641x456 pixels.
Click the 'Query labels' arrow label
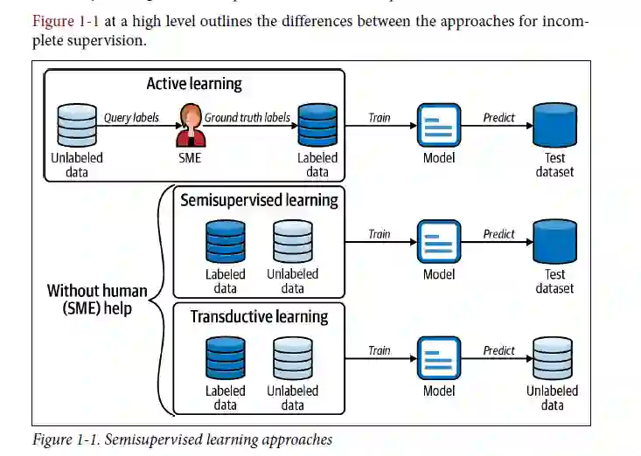click(x=131, y=116)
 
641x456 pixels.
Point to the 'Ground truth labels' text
click(x=247, y=117)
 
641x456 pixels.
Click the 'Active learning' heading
click(x=194, y=85)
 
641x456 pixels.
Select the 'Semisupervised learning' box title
click(x=259, y=200)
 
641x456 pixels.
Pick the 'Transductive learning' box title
click(x=259, y=316)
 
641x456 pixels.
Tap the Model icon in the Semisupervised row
click(x=439, y=242)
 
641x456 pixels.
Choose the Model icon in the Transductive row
click(x=439, y=359)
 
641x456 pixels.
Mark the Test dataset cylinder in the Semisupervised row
click(x=554, y=242)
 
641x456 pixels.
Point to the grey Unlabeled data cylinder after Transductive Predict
click(x=552, y=359)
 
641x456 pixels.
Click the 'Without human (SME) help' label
click(x=97, y=300)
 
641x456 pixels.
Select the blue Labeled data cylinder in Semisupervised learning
click(x=226, y=242)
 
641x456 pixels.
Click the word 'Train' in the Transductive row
click(x=380, y=350)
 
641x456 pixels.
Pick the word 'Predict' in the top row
click(x=498, y=117)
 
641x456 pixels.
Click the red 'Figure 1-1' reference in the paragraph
click(x=65, y=21)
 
